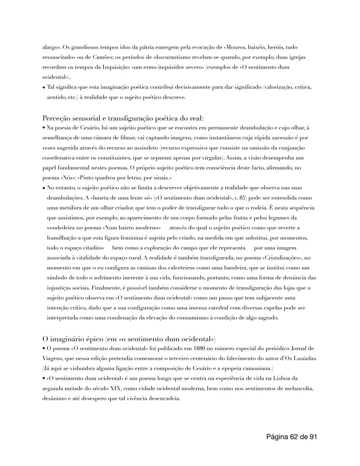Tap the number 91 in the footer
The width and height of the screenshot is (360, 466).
[313, 437]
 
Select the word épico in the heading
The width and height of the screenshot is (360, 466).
[90, 339]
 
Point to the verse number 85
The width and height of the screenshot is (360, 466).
[241, 198]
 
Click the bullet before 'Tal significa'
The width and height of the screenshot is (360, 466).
[44, 88]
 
